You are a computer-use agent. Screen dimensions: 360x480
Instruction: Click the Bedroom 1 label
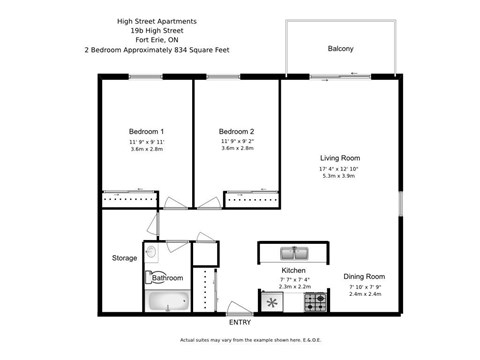tap(146, 131)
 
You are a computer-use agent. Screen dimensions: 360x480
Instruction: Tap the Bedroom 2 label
tap(237, 131)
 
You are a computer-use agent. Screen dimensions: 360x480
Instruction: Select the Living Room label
tap(340, 158)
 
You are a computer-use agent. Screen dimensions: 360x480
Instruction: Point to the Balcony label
tap(340, 48)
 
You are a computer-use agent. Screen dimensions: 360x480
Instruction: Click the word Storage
tap(124, 258)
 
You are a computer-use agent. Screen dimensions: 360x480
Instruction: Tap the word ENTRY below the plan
tap(240, 322)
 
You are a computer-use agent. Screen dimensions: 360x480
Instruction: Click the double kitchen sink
tap(293, 253)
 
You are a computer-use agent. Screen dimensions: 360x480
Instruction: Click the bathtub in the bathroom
tap(167, 301)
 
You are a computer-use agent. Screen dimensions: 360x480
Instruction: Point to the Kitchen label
tap(293, 270)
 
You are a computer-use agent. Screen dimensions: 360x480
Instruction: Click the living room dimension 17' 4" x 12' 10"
tap(340, 171)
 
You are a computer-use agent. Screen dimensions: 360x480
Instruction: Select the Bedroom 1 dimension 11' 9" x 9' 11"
tap(146, 142)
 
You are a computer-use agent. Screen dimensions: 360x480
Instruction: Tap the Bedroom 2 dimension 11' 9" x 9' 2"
tap(237, 142)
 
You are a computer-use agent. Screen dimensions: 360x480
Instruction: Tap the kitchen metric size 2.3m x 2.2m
tap(293, 287)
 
